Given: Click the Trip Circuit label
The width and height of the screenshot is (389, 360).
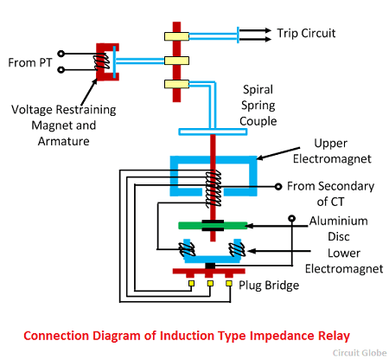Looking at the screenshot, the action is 306,33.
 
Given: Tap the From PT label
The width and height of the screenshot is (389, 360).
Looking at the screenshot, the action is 30,62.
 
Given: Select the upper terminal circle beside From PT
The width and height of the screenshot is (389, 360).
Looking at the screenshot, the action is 61,54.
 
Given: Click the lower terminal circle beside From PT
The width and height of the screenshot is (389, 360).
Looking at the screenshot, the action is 61,70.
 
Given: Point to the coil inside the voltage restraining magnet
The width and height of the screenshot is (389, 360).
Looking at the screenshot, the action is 101,61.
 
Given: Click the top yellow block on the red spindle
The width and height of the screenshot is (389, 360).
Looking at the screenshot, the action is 176,36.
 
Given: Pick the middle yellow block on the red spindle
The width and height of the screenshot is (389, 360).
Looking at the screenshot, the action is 176,61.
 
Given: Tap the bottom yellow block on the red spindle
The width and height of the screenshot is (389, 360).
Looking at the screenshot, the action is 176,84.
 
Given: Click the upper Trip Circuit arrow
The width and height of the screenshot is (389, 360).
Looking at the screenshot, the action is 255,30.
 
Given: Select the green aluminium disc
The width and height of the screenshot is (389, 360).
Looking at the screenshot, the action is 213,225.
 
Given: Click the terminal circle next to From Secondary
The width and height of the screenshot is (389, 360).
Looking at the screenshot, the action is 278,187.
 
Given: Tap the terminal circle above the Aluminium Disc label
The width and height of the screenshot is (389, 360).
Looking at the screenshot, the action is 292,218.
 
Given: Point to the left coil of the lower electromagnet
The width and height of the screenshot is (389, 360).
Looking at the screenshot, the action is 187,249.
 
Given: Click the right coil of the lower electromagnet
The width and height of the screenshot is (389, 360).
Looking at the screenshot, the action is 237,249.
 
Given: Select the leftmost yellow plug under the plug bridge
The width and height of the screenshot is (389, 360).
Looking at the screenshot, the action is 191,283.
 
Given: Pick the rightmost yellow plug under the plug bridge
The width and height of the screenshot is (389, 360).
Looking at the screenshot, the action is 229,283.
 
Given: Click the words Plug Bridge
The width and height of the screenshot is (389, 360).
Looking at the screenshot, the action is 269,286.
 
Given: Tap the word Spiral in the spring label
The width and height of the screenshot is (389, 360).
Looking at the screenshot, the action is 258,90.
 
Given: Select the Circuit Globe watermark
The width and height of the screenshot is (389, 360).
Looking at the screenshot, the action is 360,353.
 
